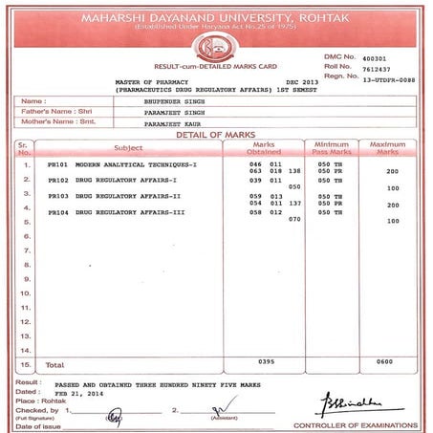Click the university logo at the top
(217, 46)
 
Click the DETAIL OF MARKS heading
(217, 135)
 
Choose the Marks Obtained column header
(263, 148)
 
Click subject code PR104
(58, 210)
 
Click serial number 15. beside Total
(26, 364)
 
